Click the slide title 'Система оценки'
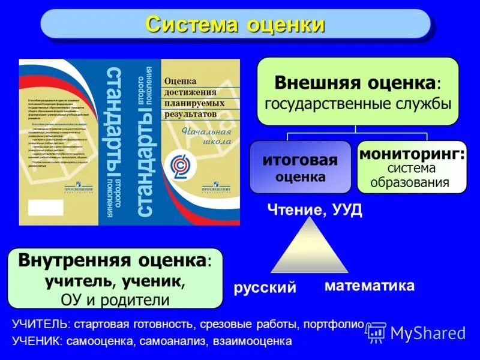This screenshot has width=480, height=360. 235,25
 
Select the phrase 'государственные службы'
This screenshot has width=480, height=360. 358,103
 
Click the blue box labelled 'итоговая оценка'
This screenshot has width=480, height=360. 300,167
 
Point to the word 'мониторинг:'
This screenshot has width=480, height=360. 412,154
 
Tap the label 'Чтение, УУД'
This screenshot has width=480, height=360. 314,210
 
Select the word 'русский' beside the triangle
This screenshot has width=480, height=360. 265,287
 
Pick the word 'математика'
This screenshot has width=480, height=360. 370,286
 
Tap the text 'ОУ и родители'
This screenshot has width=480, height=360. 115,299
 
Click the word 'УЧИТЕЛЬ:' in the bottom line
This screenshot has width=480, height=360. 40,325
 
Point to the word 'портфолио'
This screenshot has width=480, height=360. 334,325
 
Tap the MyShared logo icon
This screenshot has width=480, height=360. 376,332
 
